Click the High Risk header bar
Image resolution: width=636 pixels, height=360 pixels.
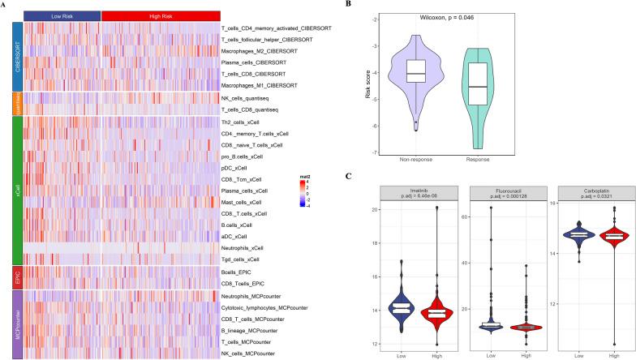161,15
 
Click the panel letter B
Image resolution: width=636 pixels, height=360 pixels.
349,5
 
